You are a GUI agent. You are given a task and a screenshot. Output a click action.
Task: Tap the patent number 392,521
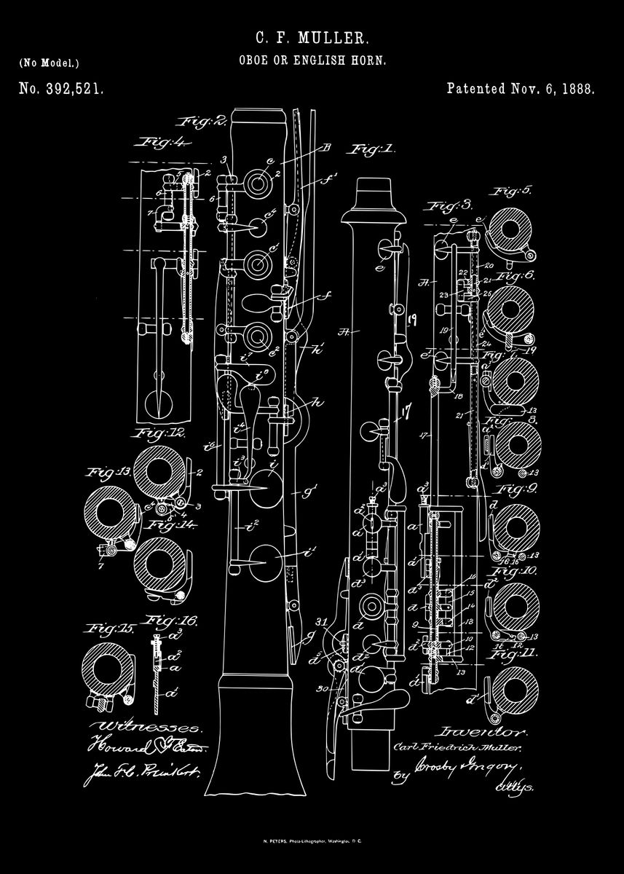coord(61,90)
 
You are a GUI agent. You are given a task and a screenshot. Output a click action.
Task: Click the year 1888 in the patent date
coord(580,90)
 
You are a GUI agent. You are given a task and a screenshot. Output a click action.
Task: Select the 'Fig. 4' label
coord(163,142)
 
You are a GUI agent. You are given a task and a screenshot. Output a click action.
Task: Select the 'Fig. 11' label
coord(513,653)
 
